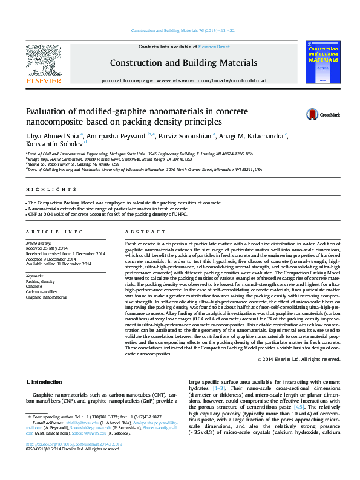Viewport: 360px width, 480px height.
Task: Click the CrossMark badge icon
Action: click(313, 114)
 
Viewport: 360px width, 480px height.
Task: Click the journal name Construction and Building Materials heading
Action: click(183, 63)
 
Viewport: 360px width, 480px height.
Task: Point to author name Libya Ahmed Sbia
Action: click(52, 136)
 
